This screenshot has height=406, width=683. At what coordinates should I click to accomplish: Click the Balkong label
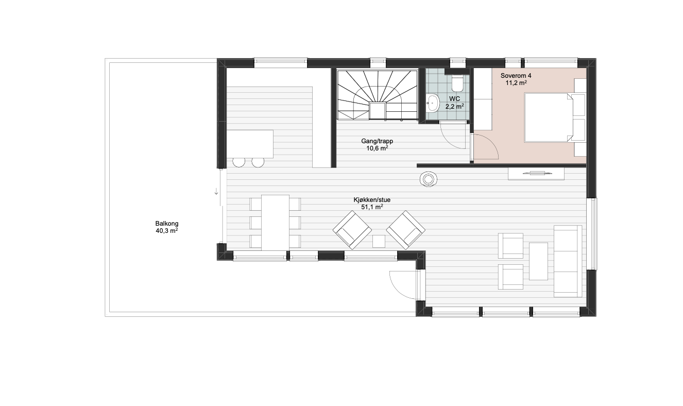(x=167, y=227)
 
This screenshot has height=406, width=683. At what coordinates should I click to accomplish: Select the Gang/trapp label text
(x=377, y=145)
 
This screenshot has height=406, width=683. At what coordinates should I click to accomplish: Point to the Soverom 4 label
(x=516, y=79)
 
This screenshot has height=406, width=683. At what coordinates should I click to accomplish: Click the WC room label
(x=455, y=103)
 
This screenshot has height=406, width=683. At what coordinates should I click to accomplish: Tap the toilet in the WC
(x=457, y=83)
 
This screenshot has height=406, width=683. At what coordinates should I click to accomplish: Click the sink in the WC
(x=433, y=103)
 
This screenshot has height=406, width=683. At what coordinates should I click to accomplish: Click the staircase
(x=378, y=95)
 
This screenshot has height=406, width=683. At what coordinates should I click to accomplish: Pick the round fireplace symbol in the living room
(x=429, y=179)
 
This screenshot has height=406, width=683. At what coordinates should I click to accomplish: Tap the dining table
(x=276, y=223)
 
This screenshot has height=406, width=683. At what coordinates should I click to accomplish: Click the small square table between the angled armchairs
(x=379, y=242)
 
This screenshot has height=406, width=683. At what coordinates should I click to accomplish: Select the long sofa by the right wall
(x=568, y=261)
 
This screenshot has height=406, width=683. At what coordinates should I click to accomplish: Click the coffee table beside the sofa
(x=538, y=261)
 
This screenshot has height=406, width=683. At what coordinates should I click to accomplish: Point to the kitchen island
(x=250, y=144)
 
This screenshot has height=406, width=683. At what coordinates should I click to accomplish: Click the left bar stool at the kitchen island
(x=239, y=162)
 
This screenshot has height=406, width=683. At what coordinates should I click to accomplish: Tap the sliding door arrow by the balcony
(x=216, y=192)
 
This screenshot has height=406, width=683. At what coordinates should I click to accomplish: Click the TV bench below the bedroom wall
(x=536, y=174)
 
